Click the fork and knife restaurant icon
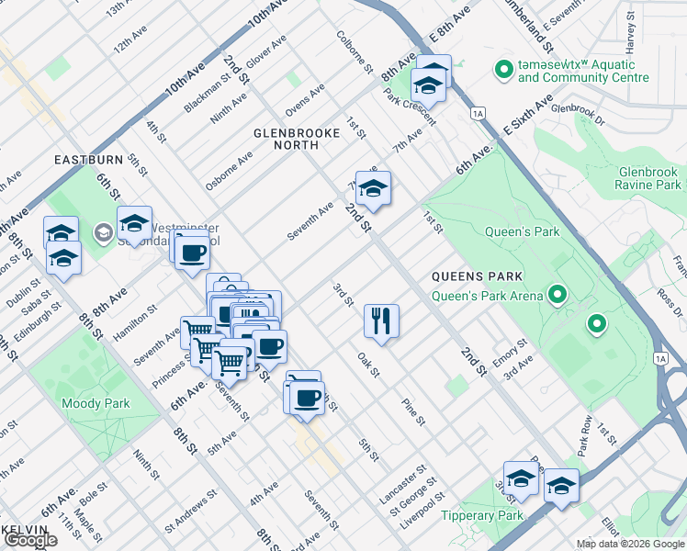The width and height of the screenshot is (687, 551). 381,321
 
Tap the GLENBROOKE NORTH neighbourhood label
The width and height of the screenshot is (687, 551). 297,133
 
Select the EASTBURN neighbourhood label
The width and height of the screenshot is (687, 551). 88,159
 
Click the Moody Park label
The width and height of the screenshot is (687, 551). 96,403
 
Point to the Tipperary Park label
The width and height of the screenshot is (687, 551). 508,515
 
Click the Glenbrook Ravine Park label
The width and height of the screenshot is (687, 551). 648,178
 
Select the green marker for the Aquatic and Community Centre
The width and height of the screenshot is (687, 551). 503,70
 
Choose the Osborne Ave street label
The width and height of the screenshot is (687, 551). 229,171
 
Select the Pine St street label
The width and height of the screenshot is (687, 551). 413,412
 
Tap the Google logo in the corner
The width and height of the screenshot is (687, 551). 30,540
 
